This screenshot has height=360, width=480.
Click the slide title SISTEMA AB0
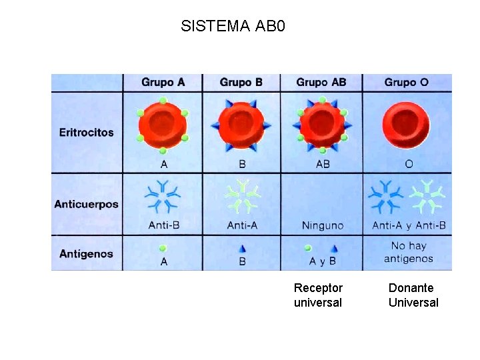[x=233, y=27]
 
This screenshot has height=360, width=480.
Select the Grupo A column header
[x=163, y=83]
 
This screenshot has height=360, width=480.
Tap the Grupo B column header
[x=241, y=83]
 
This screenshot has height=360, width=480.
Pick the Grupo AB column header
[x=321, y=83]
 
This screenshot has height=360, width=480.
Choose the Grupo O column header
[x=406, y=83]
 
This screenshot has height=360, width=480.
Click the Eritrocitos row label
[x=86, y=133]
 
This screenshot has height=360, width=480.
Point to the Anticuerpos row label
[x=86, y=204]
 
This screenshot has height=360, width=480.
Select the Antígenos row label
[x=86, y=254]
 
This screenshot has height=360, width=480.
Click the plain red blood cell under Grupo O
[x=406, y=125]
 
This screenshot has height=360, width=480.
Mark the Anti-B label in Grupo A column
[x=164, y=225]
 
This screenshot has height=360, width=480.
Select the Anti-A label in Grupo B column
[x=242, y=225]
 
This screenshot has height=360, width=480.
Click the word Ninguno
[x=323, y=225]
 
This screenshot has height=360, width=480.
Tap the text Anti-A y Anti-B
[x=409, y=225]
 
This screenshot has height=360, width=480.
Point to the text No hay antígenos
[x=409, y=252]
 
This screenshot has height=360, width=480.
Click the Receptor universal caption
[x=318, y=295]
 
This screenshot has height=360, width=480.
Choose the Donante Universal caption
[x=413, y=295]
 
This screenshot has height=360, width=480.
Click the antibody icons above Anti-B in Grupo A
[x=163, y=196]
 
